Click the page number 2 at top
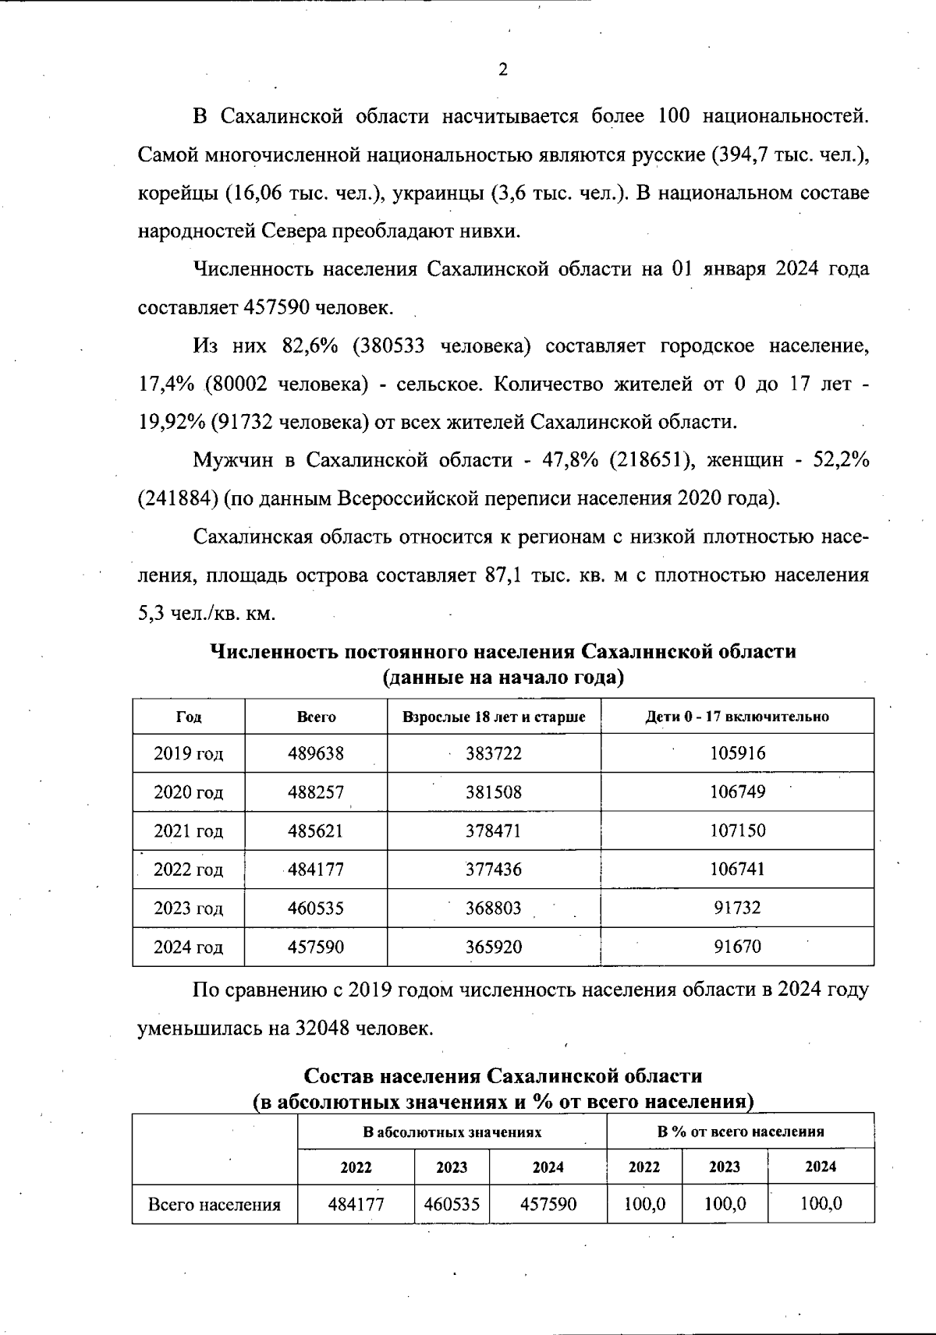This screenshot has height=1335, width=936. click(502, 70)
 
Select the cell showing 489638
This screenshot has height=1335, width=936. click(316, 753)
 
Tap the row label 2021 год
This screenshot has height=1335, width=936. click(189, 831)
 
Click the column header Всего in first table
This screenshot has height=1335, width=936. click(316, 717)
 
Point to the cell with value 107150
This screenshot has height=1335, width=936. click(737, 831)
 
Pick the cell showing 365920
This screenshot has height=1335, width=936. click(494, 947)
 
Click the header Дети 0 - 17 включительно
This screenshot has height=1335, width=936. click(737, 717)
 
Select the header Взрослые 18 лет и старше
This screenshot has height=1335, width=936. click(494, 717)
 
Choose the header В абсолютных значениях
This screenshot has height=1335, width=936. click(452, 1131)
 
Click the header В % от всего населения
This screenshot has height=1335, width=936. click(740, 1131)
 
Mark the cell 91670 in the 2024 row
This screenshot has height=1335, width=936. click(737, 947)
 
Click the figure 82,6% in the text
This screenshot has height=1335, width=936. click(310, 346)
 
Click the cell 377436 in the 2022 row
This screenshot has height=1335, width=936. click(494, 869)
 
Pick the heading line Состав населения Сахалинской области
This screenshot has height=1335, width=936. click(502, 1076)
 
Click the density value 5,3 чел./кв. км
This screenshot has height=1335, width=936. click(207, 614)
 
